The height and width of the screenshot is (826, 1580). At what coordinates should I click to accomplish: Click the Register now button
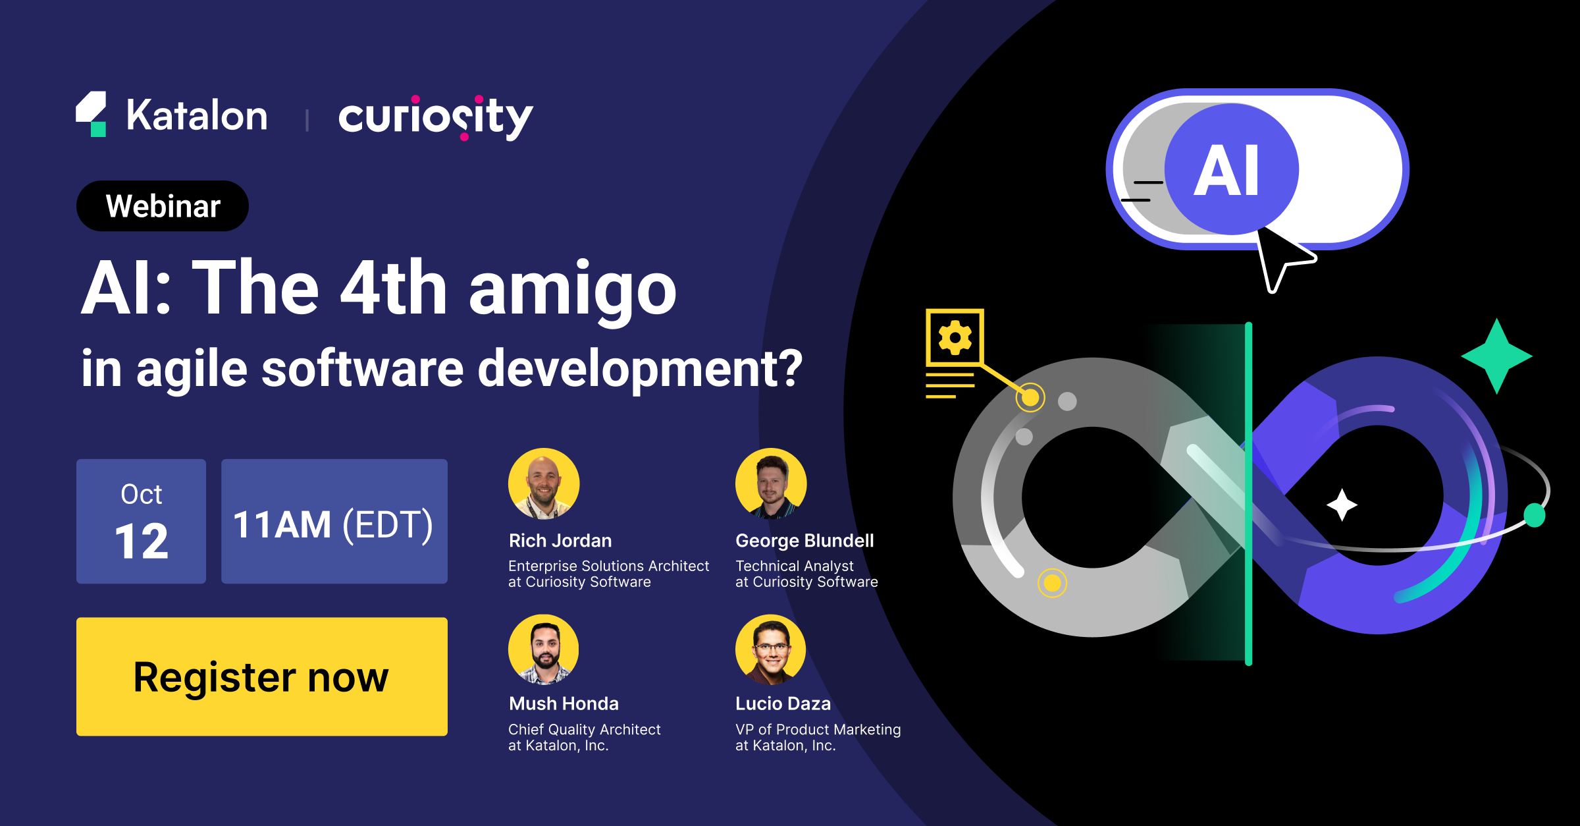pyautogui.click(x=261, y=676)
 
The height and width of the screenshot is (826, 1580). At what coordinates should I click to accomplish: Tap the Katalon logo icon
pyautogui.click(x=92, y=114)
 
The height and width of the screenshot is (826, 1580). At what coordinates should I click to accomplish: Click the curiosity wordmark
pyautogui.click(x=435, y=117)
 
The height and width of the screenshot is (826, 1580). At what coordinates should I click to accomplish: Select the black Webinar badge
pyautogui.click(x=163, y=206)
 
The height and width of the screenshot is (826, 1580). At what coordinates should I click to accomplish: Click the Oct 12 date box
pyautogui.click(x=141, y=521)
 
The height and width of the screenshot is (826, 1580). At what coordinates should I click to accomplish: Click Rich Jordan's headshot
pyautogui.click(x=544, y=484)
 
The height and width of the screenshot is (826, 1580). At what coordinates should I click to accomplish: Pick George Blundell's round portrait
pyautogui.click(x=771, y=484)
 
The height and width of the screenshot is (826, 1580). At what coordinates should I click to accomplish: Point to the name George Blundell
pyautogui.click(x=804, y=541)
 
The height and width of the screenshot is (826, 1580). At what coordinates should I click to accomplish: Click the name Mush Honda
pyautogui.click(x=564, y=703)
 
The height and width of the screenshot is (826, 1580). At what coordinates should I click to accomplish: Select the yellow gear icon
pyautogui.click(x=955, y=338)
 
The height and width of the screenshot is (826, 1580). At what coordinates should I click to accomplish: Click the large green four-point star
pyautogui.click(x=1496, y=356)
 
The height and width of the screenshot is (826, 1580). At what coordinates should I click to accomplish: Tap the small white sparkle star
pyautogui.click(x=1342, y=505)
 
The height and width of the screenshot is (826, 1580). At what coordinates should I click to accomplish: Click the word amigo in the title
pyautogui.click(x=572, y=289)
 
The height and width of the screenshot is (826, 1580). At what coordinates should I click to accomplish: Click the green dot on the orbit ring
pyautogui.click(x=1535, y=515)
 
